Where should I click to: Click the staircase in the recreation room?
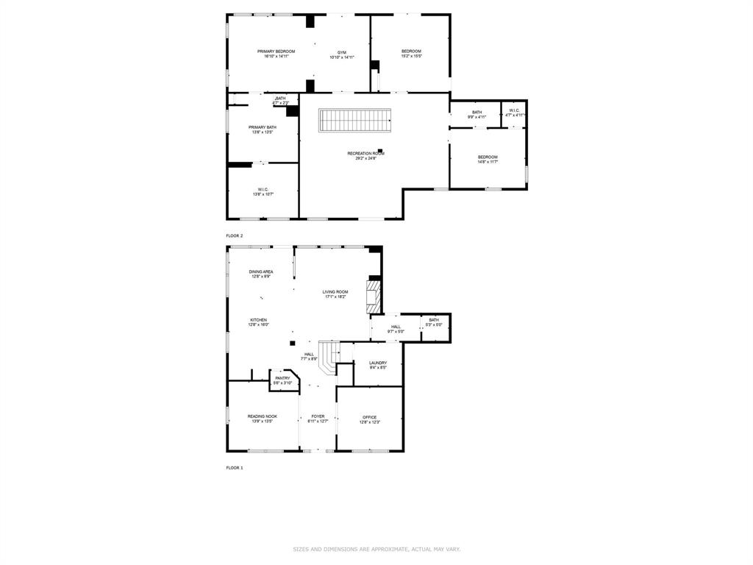[354, 120]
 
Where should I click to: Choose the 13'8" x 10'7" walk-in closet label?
[263, 191]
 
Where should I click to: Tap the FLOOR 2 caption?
[234, 235]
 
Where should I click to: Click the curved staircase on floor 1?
[329, 355]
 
